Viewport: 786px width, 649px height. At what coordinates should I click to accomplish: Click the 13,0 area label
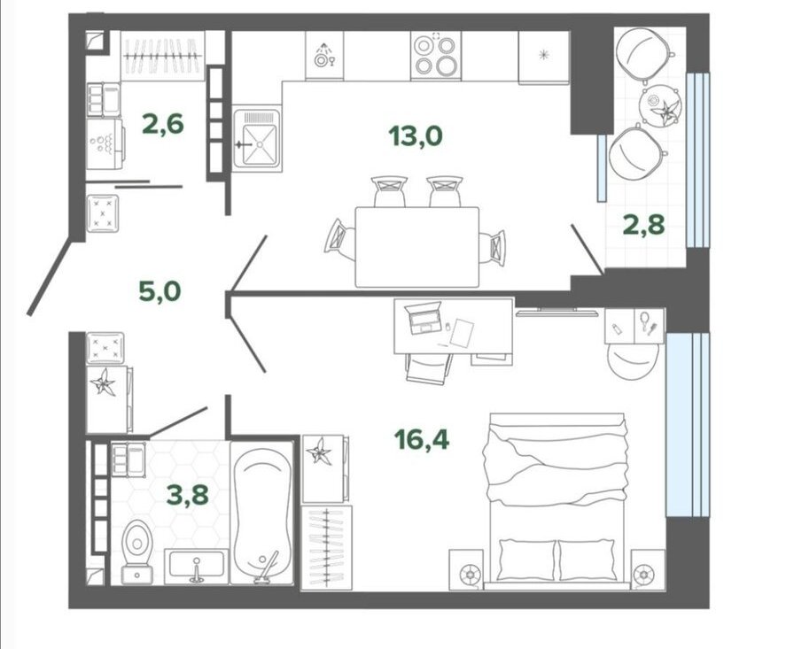click(416, 135)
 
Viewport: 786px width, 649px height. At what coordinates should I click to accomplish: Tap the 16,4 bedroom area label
click(422, 439)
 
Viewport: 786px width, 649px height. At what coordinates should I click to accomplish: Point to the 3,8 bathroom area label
click(188, 495)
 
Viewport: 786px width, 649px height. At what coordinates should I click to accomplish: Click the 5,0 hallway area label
click(160, 291)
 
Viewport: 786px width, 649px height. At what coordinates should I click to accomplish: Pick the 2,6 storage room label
click(163, 124)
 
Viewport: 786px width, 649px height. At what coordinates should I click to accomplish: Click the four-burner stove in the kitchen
click(436, 55)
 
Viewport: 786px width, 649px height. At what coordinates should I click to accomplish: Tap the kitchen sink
click(257, 138)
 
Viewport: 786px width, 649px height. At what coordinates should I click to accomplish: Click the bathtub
click(261, 513)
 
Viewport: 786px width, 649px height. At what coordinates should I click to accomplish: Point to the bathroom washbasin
click(196, 566)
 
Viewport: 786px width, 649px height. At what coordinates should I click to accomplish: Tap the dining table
click(417, 247)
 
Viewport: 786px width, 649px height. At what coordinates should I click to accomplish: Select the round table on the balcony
click(660, 105)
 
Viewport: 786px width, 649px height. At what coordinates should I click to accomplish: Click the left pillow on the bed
click(526, 560)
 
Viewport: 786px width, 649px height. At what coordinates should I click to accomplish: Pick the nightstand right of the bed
click(648, 569)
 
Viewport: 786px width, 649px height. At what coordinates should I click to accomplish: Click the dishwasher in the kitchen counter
click(324, 55)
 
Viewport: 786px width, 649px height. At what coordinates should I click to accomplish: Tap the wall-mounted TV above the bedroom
click(556, 313)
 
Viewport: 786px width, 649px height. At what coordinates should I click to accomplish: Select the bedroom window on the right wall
click(688, 424)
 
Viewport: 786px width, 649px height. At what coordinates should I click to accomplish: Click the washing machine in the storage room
click(105, 143)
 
